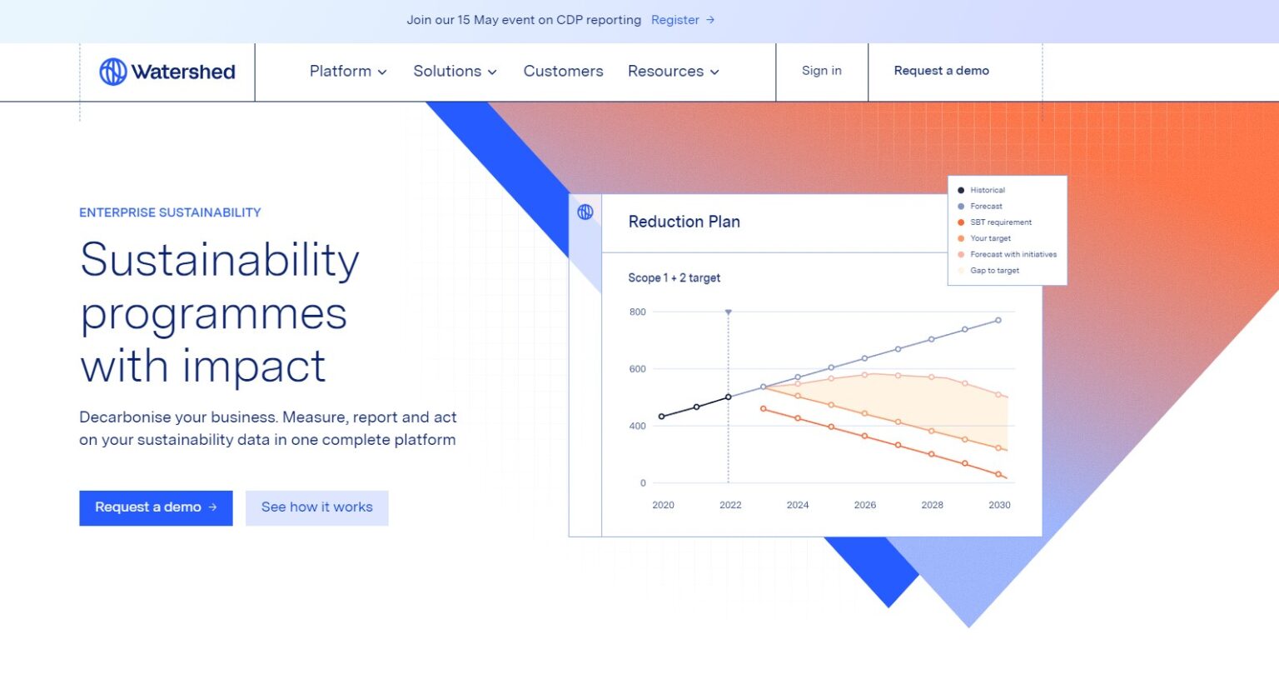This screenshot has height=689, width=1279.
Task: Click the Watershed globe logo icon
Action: [x=113, y=72]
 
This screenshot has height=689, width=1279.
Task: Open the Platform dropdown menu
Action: [x=347, y=72]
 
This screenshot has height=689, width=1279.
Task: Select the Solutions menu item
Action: [x=455, y=72]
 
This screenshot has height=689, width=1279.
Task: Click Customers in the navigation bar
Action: [x=563, y=72]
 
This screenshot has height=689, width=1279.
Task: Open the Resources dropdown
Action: [x=673, y=72]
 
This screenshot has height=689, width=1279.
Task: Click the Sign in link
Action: [x=821, y=71]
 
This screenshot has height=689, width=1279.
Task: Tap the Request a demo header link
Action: [x=941, y=71]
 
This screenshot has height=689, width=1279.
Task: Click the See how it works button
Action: [x=316, y=507]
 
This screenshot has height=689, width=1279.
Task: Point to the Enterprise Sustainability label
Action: [x=170, y=212]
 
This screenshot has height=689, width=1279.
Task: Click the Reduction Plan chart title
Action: [x=684, y=222]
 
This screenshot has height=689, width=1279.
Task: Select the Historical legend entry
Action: [x=987, y=190]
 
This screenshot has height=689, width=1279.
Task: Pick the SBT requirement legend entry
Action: [x=1000, y=222]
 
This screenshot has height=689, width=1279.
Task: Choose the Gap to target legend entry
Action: [x=994, y=271]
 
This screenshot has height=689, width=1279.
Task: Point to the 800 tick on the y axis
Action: [x=637, y=312]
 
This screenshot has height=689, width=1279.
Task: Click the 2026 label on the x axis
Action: [x=864, y=505]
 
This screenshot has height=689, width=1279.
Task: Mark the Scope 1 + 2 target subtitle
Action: [x=674, y=278]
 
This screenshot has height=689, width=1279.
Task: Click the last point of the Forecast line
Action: [x=998, y=320]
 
